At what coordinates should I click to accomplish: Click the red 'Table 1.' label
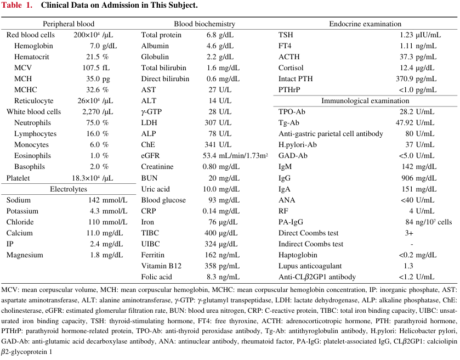click(x=16, y=5)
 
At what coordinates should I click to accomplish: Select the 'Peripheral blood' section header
click(x=69, y=24)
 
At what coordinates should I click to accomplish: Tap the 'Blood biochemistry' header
click(x=205, y=24)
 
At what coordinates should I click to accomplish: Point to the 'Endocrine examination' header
click(x=365, y=24)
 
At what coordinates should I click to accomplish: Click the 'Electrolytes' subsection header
click(x=69, y=189)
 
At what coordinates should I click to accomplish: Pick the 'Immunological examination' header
click(x=365, y=101)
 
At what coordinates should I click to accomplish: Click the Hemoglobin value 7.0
click(x=95, y=46)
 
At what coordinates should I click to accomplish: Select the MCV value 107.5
click(x=91, y=68)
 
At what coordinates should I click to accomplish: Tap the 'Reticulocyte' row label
click(x=34, y=101)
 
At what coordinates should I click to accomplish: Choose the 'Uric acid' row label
click(x=156, y=189)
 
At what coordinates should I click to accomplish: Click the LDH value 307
click(x=211, y=123)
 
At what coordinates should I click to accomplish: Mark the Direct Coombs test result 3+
click(x=409, y=233)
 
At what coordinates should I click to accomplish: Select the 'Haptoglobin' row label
click(x=298, y=255)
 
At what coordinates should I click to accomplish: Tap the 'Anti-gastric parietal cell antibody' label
click(x=331, y=133)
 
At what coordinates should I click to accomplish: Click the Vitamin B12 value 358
click(x=211, y=266)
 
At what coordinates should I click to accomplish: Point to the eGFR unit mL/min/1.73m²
click(x=243, y=156)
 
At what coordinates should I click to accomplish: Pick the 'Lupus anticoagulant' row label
click(x=310, y=266)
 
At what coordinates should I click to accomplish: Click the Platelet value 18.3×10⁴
click(x=86, y=178)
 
